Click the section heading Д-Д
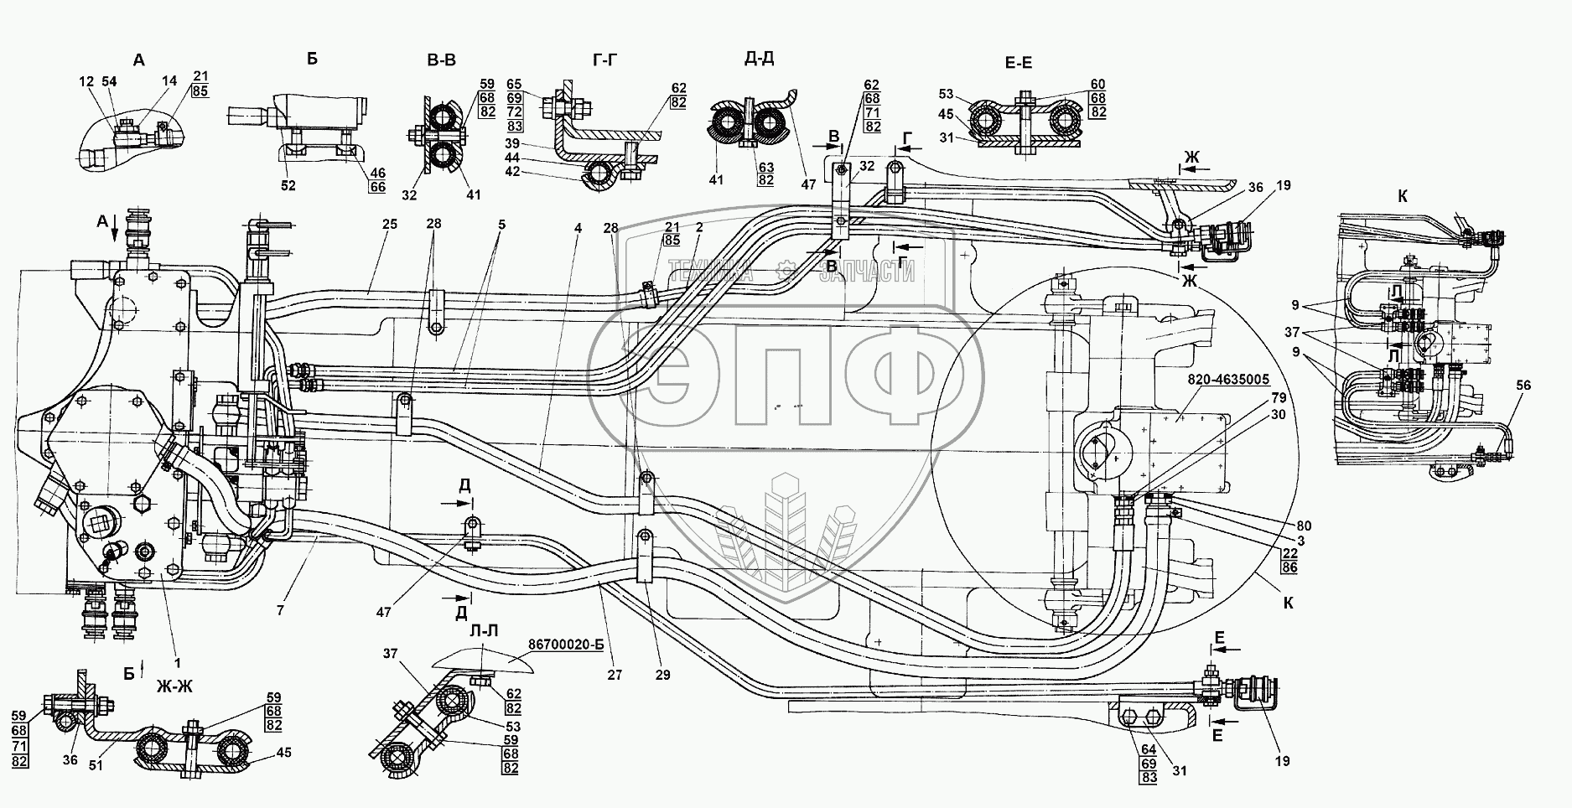(x=758, y=59)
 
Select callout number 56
(x=1523, y=385)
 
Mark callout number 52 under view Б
(x=288, y=187)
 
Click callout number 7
(x=280, y=611)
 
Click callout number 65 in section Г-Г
(x=514, y=85)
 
